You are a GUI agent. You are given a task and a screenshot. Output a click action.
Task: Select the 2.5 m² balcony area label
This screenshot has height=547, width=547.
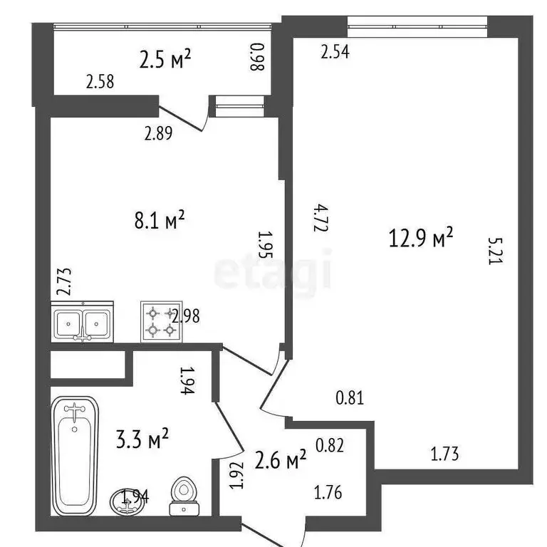point(165,60)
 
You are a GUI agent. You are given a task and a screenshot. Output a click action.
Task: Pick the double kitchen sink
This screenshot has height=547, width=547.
point(82,323)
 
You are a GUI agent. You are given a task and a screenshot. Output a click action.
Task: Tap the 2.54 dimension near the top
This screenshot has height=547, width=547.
point(335,52)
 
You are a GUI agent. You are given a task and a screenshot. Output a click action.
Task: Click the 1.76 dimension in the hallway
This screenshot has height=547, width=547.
point(329,491)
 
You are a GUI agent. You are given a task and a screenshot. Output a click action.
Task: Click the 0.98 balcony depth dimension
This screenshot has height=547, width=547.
point(256,58)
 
